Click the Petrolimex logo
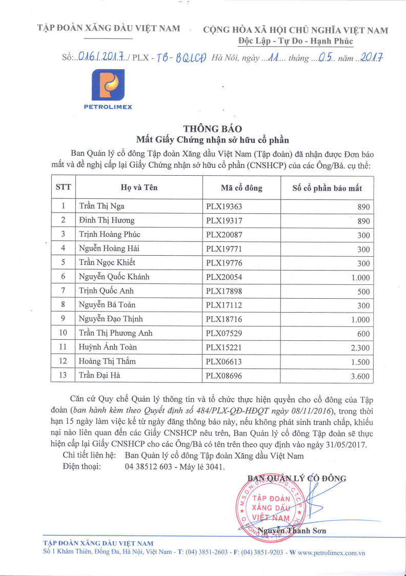(112, 88)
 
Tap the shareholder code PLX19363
(224, 207)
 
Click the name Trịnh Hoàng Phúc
(110, 234)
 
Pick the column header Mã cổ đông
(241, 188)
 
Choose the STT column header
(63, 188)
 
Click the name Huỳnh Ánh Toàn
(108, 347)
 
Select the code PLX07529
(224, 333)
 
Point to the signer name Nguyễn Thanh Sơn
(292, 530)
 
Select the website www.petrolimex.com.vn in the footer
(331, 553)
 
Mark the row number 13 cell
(63, 376)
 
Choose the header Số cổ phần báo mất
(327, 188)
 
